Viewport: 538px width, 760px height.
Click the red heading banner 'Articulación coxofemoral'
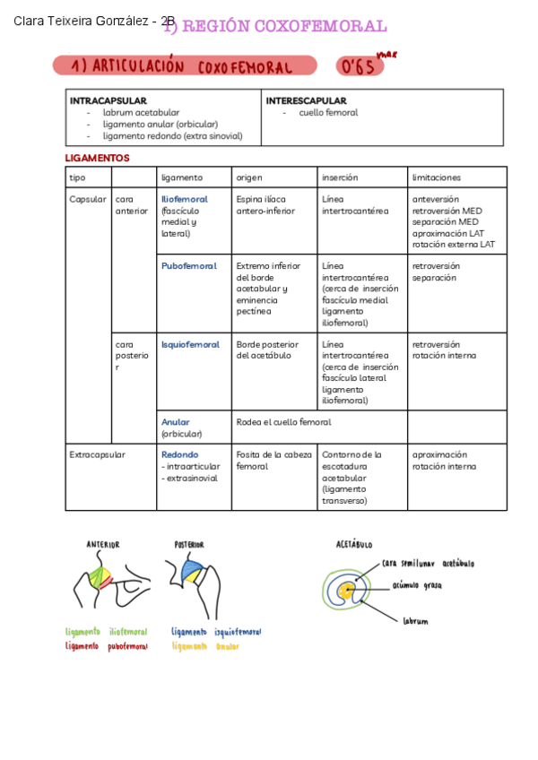[x=184, y=66]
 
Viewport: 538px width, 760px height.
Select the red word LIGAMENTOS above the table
[x=97, y=158]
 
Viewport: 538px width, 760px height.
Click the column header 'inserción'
[x=340, y=177]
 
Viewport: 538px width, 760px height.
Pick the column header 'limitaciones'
[x=436, y=177]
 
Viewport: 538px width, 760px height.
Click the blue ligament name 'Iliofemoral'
[x=184, y=199]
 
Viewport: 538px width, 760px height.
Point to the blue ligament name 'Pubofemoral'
[x=188, y=266]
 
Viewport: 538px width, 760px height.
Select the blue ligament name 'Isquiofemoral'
[x=190, y=344]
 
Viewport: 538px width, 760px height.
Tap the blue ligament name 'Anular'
[x=176, y=422]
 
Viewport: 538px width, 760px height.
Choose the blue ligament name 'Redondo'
[x=180, y=454]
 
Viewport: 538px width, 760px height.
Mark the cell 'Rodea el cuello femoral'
[x=283, y=422]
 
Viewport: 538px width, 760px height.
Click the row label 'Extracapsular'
[x=97, y=454]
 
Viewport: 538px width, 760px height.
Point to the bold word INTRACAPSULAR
[x=108, y=101]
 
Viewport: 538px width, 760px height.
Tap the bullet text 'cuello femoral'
[x=328, y=113]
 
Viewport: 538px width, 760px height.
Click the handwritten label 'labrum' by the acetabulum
[x=415, y=620]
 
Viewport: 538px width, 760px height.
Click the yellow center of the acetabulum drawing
[x=347, y=590]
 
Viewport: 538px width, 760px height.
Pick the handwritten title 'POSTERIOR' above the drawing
[x=189, y=544]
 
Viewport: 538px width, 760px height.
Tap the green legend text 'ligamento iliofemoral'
[x=106, y=632]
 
